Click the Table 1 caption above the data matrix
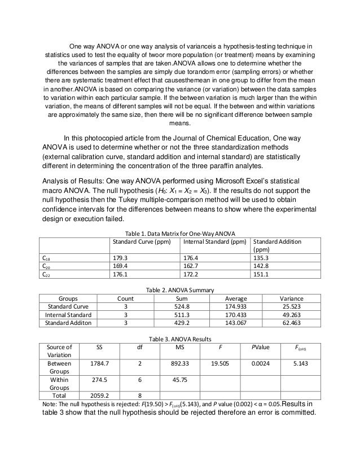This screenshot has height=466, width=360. [179, 233]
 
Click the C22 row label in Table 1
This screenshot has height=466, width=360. [47, 275]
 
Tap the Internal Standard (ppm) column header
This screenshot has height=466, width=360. [215, 241]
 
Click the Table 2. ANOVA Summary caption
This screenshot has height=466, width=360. [180, 289]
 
